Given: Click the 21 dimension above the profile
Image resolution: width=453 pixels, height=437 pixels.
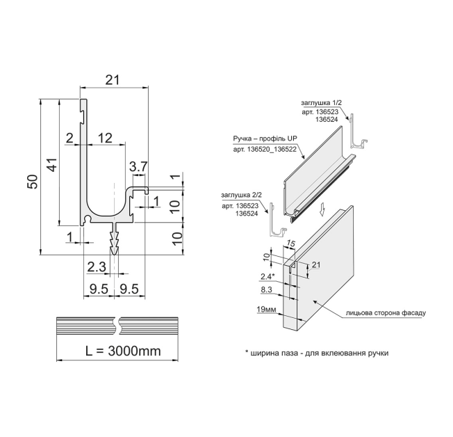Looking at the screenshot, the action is (113, 80).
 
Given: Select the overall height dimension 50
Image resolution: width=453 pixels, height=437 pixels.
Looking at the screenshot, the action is (33, 182).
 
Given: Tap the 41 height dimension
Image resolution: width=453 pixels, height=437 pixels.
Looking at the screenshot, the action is (53, 164).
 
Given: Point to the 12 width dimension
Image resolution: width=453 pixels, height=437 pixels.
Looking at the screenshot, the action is (105, 138).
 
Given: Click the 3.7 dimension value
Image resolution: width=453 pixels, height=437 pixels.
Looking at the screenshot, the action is (138, 167).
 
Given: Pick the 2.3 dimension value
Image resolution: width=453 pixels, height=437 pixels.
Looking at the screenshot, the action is (97, 267).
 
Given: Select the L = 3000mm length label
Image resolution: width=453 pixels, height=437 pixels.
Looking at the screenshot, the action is (124, 351).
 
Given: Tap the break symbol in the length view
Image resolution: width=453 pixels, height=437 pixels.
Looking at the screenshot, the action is (117, 326).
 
